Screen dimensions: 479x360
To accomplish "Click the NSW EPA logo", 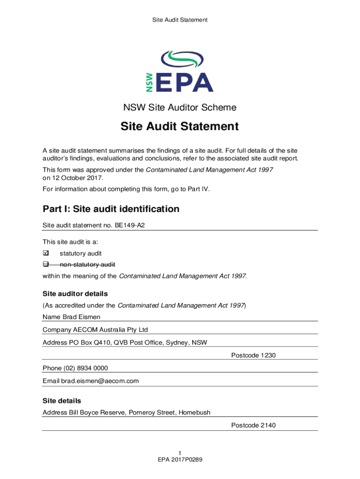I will [180, 72].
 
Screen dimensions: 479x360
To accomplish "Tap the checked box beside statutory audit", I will [46, 254].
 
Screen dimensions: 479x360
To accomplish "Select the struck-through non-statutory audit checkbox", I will [46, 265].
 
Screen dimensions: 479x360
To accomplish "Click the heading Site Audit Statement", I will [180, 127].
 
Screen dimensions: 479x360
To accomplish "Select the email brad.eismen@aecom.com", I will [100, 381].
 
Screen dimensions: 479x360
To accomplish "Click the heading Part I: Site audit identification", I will [111, 209].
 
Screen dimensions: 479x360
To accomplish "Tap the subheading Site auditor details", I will [75, 294].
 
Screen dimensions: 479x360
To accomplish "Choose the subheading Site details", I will [62, 401].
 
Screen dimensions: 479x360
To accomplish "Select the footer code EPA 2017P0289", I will [180, 460].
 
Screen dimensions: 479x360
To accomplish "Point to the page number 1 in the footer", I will [180, 453].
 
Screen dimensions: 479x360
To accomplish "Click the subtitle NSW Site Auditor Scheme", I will [180, 108].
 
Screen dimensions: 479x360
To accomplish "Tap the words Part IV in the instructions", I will [199, 189].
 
